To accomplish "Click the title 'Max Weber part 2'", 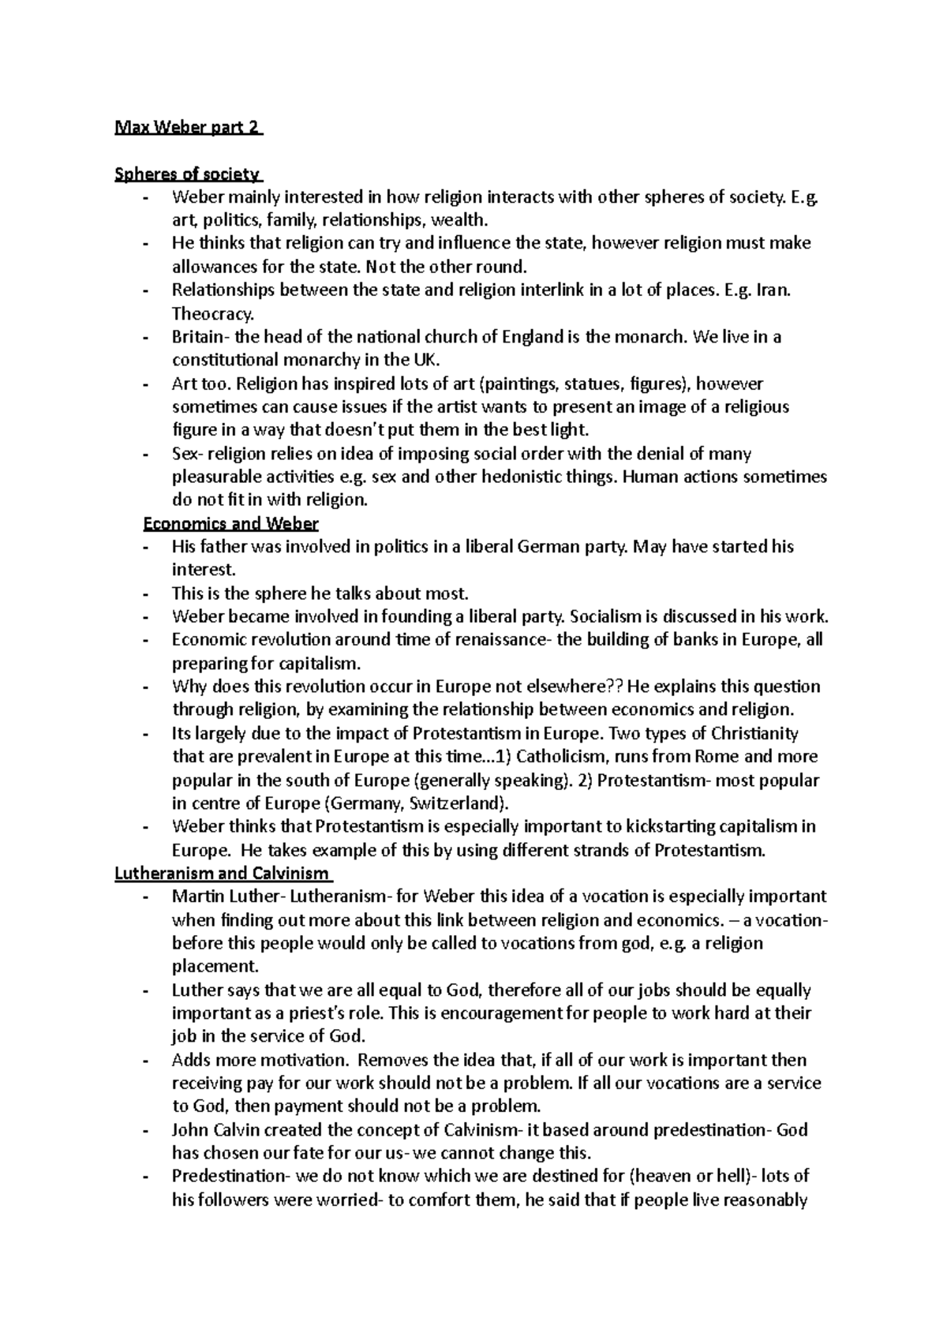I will [188, 127].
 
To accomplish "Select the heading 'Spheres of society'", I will [187, 174].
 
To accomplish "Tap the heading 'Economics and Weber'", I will [230, 523].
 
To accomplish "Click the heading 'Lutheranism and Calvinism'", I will [223, 874].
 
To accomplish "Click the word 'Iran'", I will [772, 290].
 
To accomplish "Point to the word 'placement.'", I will [215, 966].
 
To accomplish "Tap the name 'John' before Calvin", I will [190, 1129].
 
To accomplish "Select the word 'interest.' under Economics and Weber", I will [204, 570].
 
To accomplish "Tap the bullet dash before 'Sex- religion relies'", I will [146, 455].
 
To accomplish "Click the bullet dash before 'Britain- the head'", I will [146, 337].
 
